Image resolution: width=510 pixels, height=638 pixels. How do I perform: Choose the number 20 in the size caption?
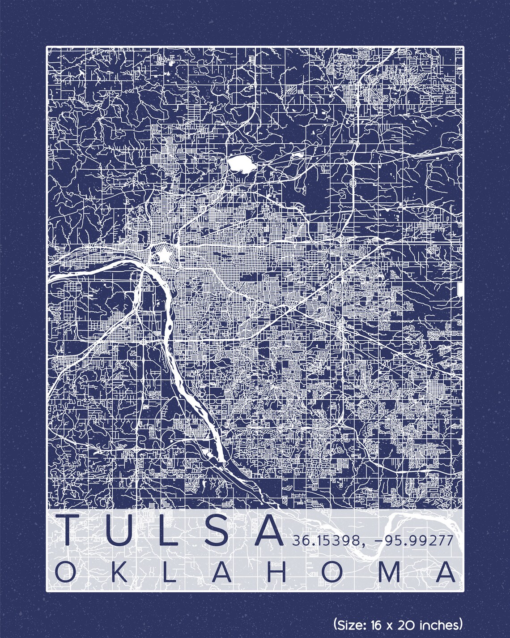click(408, 624)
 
